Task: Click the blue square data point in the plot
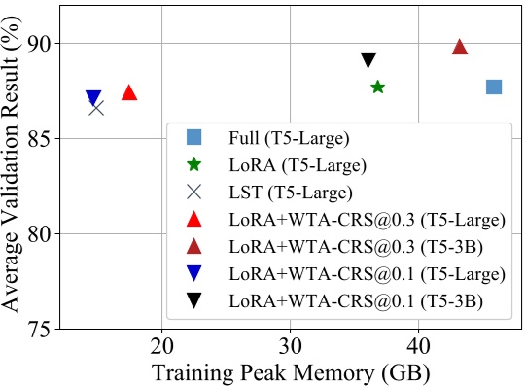(x=493, y=88)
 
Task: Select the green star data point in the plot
(x=377, y=88)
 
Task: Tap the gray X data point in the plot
(x=96, y=107)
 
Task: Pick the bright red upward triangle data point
(x=129, y=92)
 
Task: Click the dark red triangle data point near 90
(x=460, y=47)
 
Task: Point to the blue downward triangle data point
(x=93, y=97)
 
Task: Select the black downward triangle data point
(x=368, y=60)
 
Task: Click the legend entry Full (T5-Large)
(x=289, y=138)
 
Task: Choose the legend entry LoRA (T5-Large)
(x=293, y=165)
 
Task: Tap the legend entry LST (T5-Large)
(x=290, y=193)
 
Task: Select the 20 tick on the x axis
(x=161, y=346)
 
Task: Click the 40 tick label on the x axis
(x=418, y=346)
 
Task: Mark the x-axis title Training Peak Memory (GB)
(x=290, y=371)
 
